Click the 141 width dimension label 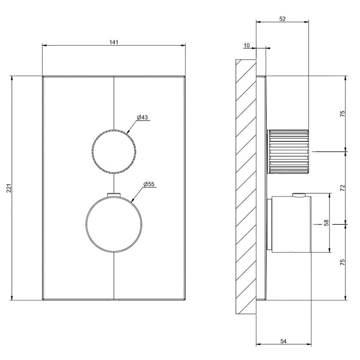click(x=114, y=42)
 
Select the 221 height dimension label click(x=9, y=188)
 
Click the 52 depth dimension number click(x=282, y=19)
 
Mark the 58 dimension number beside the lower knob click(x=326, y=223)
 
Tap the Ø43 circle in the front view click(x=114, y=151)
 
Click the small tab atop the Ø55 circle click(x=114, y=195)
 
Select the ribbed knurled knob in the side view click(x=288, y=151)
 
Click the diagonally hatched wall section click(x=246, y=186)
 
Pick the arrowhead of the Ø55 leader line click(x=133, y=199)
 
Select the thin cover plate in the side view click(x=262, y=186)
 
